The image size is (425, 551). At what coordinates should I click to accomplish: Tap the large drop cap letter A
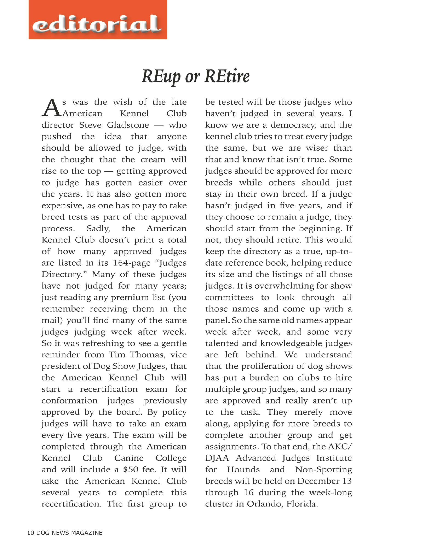click(51, 108)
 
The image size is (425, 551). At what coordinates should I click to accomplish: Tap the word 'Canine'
click(129, 458)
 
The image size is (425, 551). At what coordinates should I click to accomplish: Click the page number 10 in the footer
click(30, 533)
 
